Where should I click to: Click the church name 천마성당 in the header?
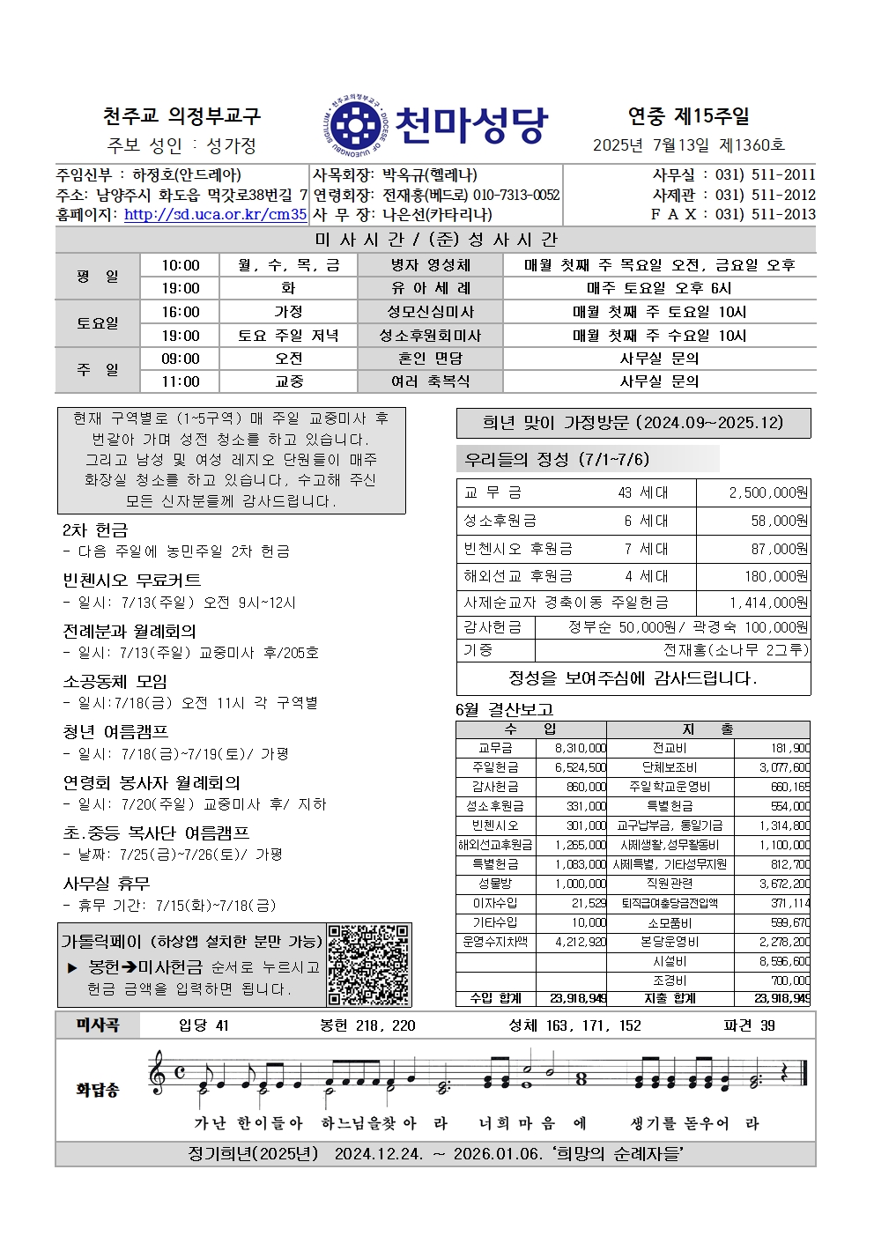pos(471,126)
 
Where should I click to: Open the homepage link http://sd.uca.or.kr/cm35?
pos(215,214)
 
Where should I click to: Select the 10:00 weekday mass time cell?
pos(181,265)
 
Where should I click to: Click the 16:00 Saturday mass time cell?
pos(181,312)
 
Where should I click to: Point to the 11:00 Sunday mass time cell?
pos(181,381)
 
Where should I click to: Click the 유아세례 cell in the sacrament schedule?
pos(431,288)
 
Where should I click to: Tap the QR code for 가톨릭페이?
pos(368,965)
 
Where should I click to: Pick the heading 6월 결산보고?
pos(504,709)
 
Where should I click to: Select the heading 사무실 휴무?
pos(106,884)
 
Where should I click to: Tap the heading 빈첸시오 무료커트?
pos(131,580)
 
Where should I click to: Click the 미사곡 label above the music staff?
pos(97,1025)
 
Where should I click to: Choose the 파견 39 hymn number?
pos(749,1025)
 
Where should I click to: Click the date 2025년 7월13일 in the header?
pos(654,145)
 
